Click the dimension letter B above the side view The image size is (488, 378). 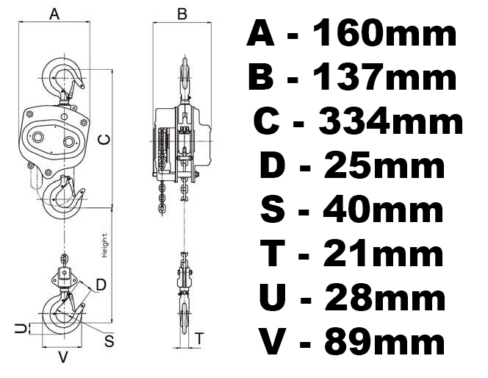[x=182, y=13]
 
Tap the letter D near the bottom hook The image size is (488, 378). [x=101, y=283]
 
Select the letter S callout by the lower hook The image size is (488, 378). [x=109, y=340]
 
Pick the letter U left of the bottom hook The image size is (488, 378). [x=21, y=328]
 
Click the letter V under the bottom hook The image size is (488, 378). [x=63, y=358]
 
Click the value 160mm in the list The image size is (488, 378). [x=384, y=34]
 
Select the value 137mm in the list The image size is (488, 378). [x=385, y=78]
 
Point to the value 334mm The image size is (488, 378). [x=390, y=122]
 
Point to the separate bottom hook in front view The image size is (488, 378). [x=63, y=313]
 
